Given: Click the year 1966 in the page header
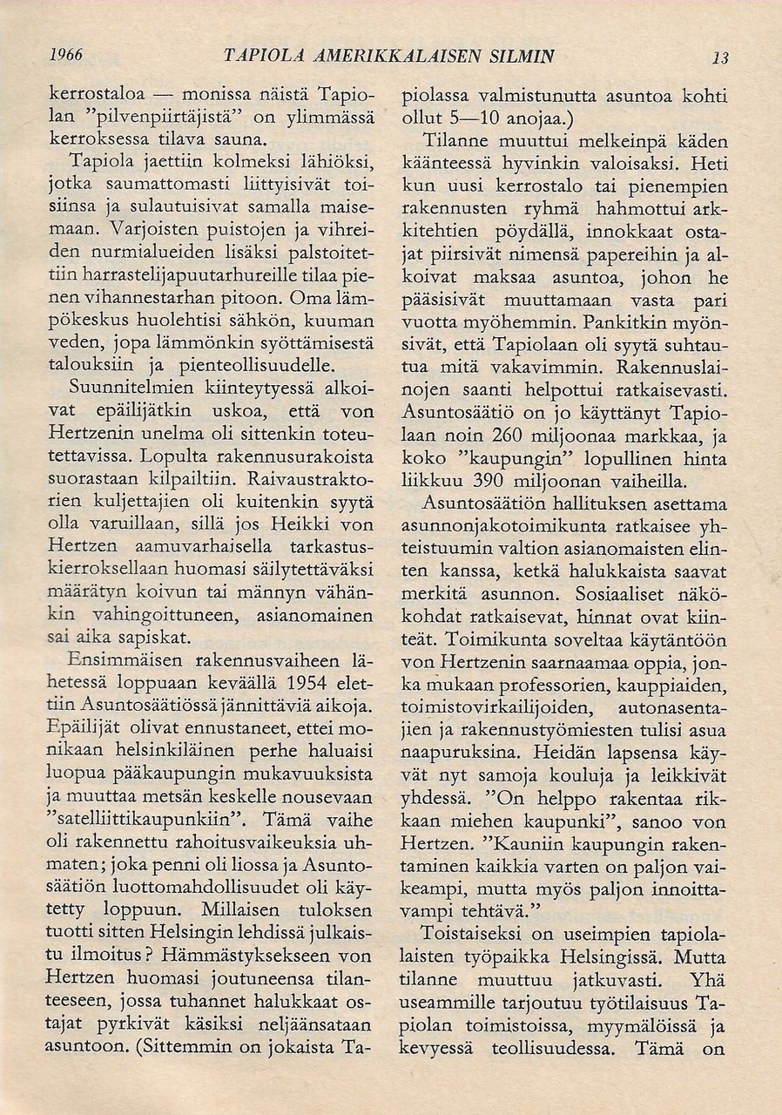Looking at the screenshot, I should click(65, 54).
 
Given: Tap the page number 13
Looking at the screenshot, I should click(719, 58).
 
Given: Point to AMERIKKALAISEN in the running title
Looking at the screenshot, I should click(368, 56).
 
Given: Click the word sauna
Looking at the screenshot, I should click(239, 139).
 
